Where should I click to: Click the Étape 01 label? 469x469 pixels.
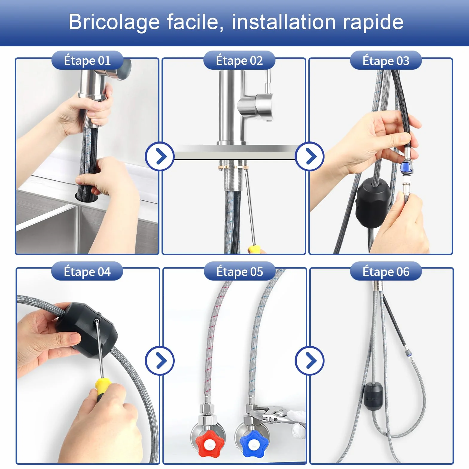pyautogui.click(x=87, y=60)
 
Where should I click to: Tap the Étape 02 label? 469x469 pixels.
pyautogui.click(x=239, y=60)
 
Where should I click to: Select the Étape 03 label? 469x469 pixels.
pyautogui.click(x=386, y=60)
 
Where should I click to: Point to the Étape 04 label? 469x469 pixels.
pyautogui.click(x=87, y=272)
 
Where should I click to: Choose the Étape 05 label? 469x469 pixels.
pyautogui.click(x=239, y=272)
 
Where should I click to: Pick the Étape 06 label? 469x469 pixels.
pyautogui.click(x=386, y=272)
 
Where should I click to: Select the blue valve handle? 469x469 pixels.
pyautogui.click(x=253, y=444)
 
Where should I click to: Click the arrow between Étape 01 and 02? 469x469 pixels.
pyautogui.click(x=160, y=156)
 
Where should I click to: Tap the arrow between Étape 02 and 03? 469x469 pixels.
pyautogui.click(x=310, y=156)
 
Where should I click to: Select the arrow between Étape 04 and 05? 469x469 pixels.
pyautogui.click(x=160, y=361)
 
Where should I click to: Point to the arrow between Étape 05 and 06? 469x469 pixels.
pyautogui.click(x=310, y=361)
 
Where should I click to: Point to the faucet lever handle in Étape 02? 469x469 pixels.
pyautogui.click(x=264, y=99)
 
